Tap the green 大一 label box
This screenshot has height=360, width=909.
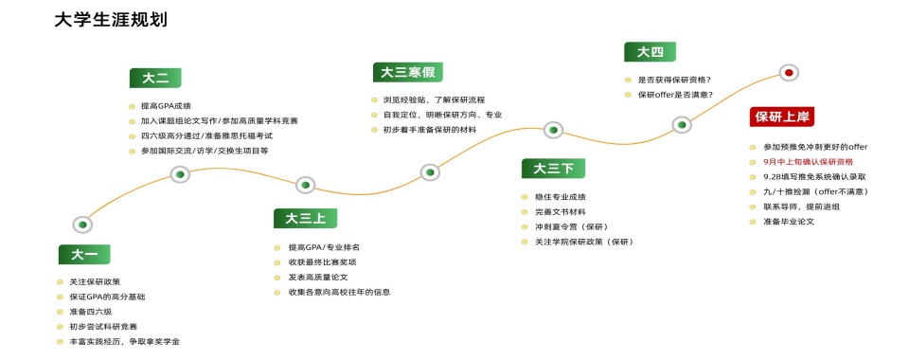[84, 254]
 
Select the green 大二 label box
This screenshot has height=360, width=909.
[155, 79]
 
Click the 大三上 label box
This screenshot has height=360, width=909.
[299, 219]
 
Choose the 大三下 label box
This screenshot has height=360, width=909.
[554, 169]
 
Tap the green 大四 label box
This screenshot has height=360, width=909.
[650, 52]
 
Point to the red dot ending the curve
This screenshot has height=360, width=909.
[788, 72]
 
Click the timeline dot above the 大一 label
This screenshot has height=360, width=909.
[83, 225]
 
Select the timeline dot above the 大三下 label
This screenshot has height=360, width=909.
[554, 130]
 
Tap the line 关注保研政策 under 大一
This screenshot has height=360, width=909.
[95, 282]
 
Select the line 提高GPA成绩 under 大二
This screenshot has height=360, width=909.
[165, 106]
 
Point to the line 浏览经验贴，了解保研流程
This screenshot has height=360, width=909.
[434, 99]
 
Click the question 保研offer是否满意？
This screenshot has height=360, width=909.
[675, 95]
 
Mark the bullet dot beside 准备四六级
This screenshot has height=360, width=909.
[60, 312]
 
